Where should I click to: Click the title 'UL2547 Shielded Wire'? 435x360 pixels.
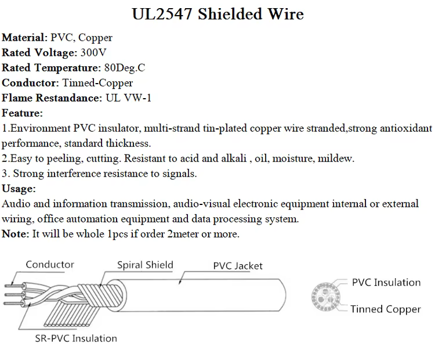click(x=217, y=14)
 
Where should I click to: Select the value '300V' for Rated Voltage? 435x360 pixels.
click(x=93, y=52)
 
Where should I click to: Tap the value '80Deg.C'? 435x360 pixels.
click(x=125, y=68)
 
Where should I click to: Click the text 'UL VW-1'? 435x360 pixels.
click(x=128, y=98)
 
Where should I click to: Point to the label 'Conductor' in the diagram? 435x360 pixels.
click(x=50, y=264)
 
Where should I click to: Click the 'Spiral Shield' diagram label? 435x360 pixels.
click(x=145, y=265)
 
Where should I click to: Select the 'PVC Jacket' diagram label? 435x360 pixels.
click(x=238, y=266)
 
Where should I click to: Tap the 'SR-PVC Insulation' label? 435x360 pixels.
click(x=76, y=339)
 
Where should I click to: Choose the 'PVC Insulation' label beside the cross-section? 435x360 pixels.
click(x=386, y=283)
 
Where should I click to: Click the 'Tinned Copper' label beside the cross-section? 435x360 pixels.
click(x=385, y=309)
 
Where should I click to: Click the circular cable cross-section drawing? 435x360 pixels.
click(x=326, y=296)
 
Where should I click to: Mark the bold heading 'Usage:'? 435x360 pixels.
click(x=19, y=189)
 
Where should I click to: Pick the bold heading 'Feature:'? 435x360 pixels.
click(x=22, y=113)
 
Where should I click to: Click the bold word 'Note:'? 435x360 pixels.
click(x=16, y=234)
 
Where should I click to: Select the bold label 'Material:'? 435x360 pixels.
click(x=25, y=38)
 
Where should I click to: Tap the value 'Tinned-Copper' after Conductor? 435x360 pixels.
click(x=97, y=83)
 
